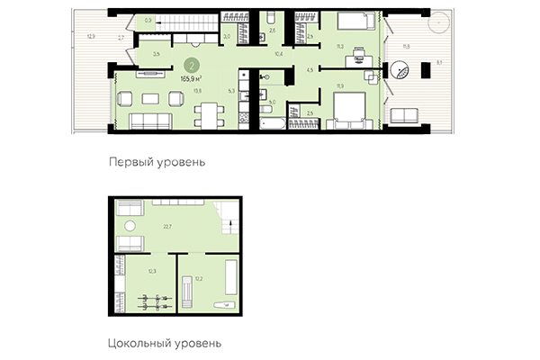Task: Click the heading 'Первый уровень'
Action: click(157, 163)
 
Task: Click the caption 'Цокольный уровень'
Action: click(164, 343)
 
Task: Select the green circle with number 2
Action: click(190, 65)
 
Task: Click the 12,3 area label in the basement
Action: click(152, 271)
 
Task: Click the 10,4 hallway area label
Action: click(278, 55)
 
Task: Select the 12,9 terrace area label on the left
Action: click(91, 37)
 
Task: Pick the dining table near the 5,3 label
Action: click(208, 112)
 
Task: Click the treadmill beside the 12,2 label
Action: click(187, 292)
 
